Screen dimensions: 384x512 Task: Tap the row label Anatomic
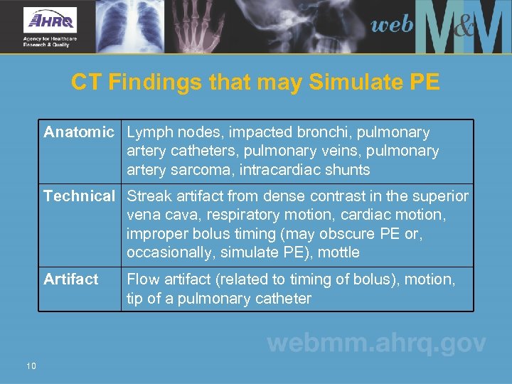click(x=79, y=132)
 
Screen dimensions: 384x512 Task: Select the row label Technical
click(x=79, y=196)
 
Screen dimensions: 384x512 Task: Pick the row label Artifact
click(x=71, y=279)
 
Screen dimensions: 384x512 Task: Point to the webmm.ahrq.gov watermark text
click(x=376, y=343)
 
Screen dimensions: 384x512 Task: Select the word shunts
click(x=348, y=170)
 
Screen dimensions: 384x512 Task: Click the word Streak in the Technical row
click(x=149, y=196)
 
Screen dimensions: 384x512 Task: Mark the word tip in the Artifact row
click(x=134, y=299)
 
